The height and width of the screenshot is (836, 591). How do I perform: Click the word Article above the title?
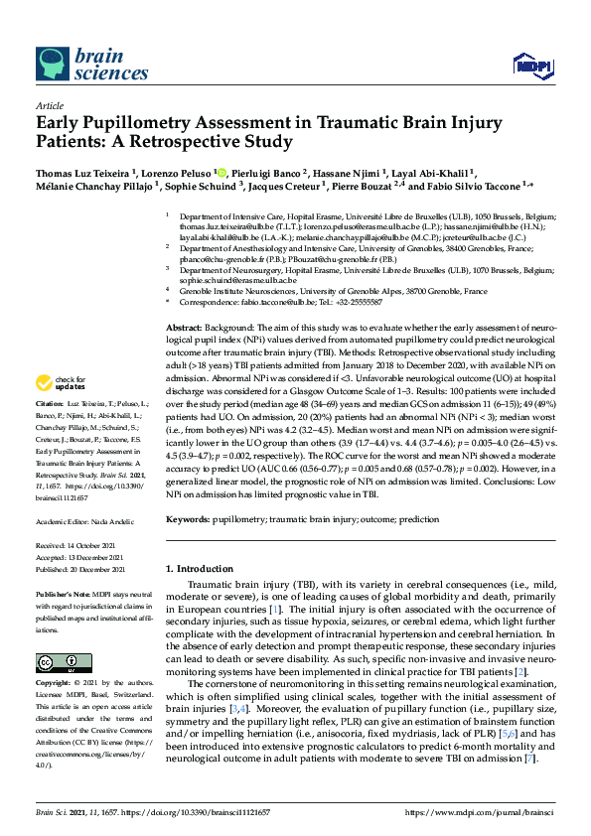[49, 104]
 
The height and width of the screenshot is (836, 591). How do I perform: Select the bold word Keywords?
[188, 518]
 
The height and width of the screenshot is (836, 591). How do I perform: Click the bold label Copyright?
[56, 684]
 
